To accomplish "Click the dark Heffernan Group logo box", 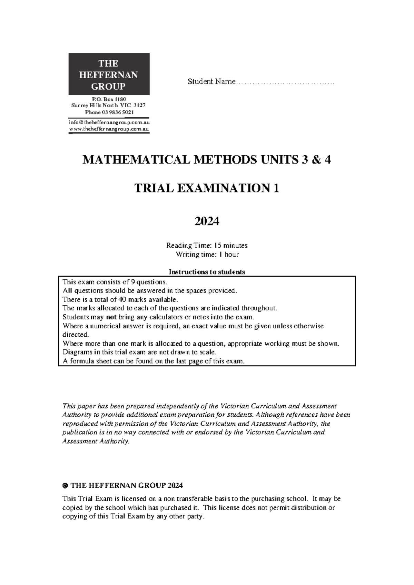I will [x=109, y=74].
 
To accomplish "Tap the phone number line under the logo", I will [x=109, y=112].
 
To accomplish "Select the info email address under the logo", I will [x=109, y=122].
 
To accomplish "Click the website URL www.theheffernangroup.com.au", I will [x=109, y=129].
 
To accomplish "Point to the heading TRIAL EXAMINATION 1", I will [x=207, y=188].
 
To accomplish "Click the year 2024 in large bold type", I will [x=207, y=221].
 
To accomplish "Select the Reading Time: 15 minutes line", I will [x=207, y=246].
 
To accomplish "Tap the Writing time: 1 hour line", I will [x=207, y=255].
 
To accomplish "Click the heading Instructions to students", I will [x=207, y=272].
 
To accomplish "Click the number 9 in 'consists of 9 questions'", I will [x=129, y=281].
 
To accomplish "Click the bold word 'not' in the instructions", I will [x=111, y=317].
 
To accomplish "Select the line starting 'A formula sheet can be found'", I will [x=154, y=361].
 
